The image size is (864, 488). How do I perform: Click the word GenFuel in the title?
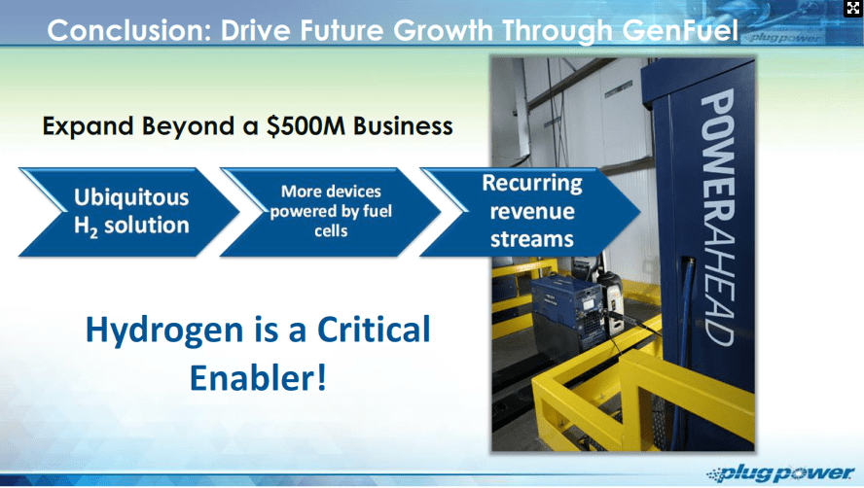pyautogui.click(x=680, y=30)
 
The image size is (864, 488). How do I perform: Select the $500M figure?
pyautogui.click(x=306, y=126)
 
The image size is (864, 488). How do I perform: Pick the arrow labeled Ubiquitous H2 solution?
pyautogui.click(x=129, y=212)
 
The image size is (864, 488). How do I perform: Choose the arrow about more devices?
pyautogui.click(x=331, y=212)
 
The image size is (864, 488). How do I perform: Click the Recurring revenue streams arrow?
pyautogui.click(x=530, y=212)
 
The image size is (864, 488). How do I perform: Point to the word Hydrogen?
pyautogui.click(x=164, y=330)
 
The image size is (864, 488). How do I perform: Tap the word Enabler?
pyautogui.click(x=259, y=378)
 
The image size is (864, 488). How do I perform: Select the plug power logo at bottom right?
pyautogui.click(x=781, y=473)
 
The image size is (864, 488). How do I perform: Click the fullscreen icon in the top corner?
pyautogui.click(x=853, y=8)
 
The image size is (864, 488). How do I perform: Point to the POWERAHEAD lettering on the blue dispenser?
pyautogui.click(x=717, y=218)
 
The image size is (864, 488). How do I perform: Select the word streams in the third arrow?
pyautogui.click(x=532, y=239)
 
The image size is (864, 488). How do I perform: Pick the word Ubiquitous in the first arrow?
pyautogui.click(x=131, y=197)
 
